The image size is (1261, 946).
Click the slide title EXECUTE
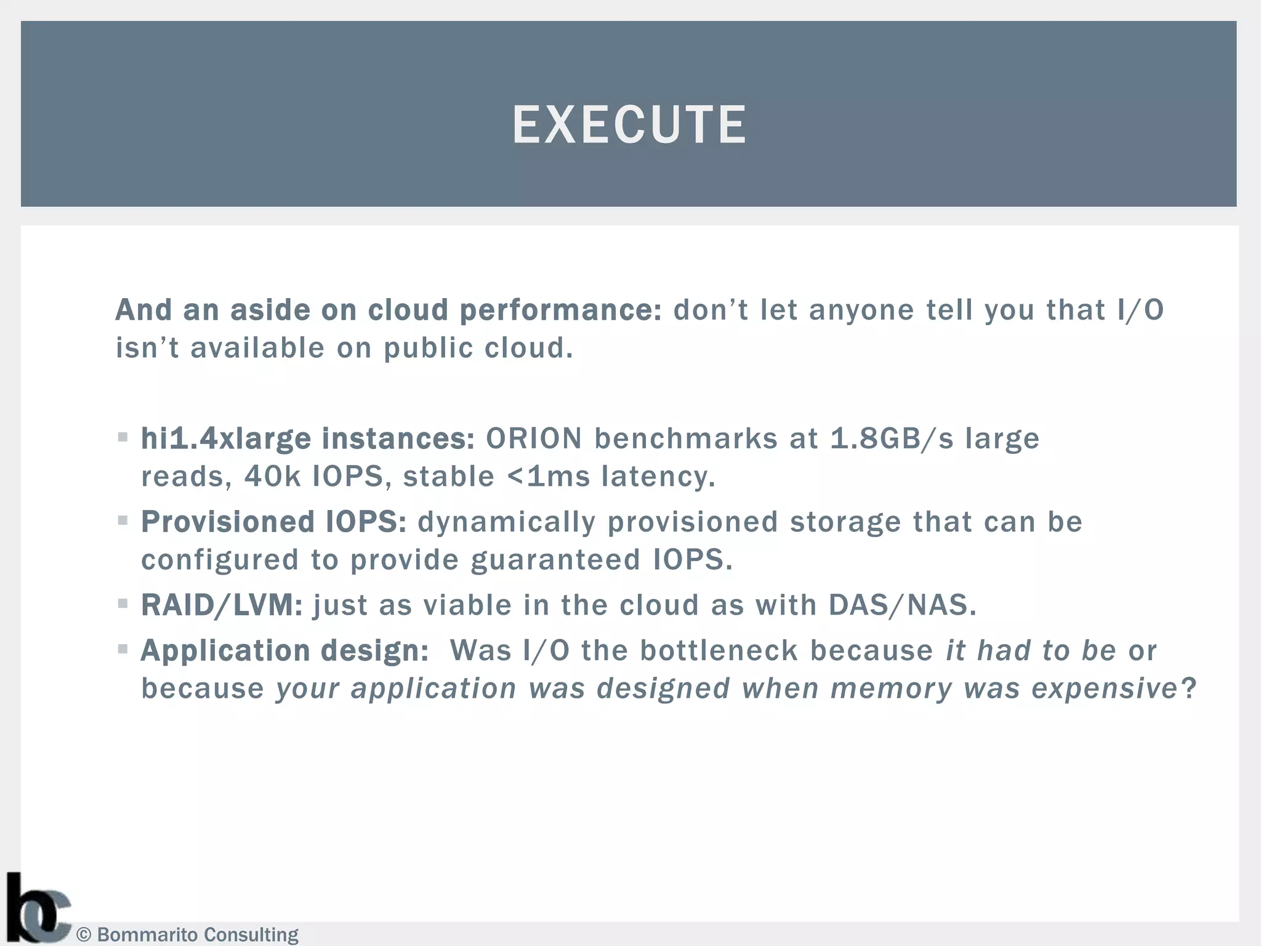tap(629, 124)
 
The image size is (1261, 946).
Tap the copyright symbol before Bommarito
tap(84, 935)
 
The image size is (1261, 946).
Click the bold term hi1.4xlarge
tap(226, 439)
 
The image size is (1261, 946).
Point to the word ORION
tap(534, 439)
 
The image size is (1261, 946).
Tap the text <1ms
tap(548, 477)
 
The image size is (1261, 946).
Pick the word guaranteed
tap(555, 560)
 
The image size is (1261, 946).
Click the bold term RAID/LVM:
tap(222, 605)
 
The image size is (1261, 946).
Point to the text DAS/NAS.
tap(902, 605)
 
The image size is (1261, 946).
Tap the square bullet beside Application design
tap(123, 649)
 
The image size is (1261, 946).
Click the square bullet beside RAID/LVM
tap(123, 604)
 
